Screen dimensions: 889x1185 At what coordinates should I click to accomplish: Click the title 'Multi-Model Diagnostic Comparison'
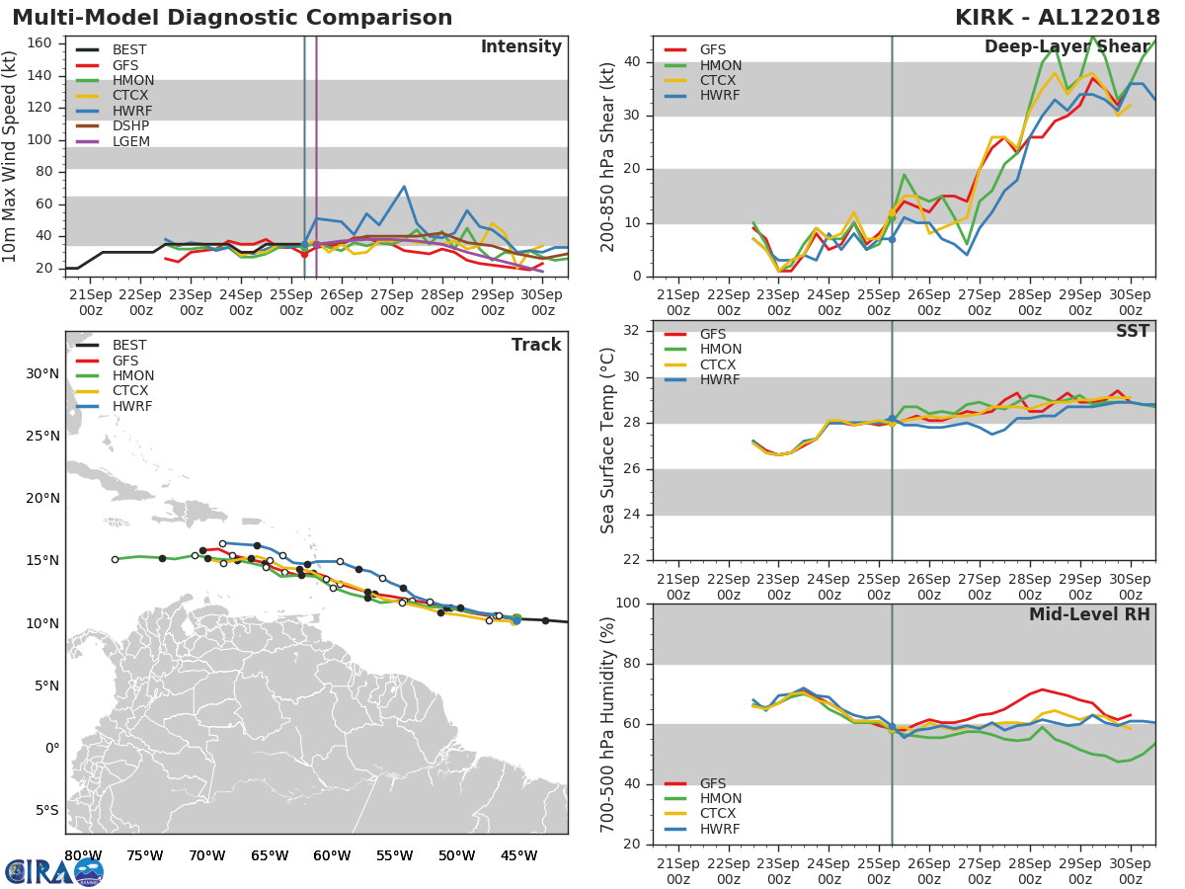pos(232,18)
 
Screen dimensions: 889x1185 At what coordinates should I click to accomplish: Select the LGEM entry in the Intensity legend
pos(131,142)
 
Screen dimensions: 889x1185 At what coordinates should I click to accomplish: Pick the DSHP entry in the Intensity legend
pos(131,126)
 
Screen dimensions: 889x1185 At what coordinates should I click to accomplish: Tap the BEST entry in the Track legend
pos(129,345)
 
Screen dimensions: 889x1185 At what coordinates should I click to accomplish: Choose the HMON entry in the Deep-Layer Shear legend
pos(720,65)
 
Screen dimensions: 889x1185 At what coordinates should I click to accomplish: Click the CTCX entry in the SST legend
pos(720,364)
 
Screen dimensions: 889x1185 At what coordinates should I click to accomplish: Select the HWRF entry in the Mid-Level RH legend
pos(720,829)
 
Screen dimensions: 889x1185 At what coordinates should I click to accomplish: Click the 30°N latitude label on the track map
pos(42,373)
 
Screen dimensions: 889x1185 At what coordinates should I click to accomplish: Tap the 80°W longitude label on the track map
pos(83,855)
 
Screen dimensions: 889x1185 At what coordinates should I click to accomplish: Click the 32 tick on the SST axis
pos(633,331)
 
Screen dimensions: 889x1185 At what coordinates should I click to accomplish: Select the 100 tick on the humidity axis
pos(629,604)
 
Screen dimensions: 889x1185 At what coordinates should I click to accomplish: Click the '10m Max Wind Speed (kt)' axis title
pos(11,156)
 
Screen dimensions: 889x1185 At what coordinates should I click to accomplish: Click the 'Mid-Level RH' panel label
pos(1089,614)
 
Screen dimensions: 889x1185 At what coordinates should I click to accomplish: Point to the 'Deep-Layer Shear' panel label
pos(1066,47)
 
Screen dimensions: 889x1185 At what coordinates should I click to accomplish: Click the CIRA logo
pos(54,871)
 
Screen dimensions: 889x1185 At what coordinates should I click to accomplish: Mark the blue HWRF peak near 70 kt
pos(404,186)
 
